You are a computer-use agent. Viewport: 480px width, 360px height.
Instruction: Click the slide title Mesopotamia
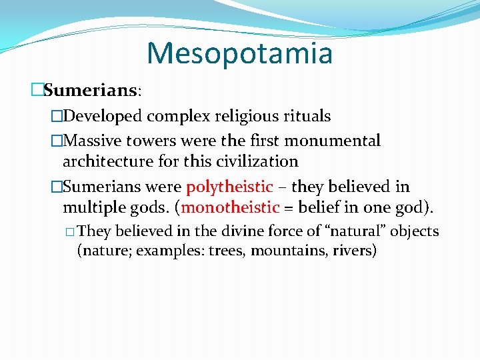pyautogui.click(x=239, y=53)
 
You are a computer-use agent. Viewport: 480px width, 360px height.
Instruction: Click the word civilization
pyautogui.click(x=257, y=161)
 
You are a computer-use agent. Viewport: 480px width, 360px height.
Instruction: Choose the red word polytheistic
pyautogui.click(x=229, y=187)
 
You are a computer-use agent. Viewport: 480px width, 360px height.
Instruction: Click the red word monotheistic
pyautogui.click(x=230, y=207)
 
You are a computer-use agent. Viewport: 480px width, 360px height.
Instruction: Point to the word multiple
pyautogui.click(x=92, y=207)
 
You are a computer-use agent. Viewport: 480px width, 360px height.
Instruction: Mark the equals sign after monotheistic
pyautogui.click(x=288, y=208)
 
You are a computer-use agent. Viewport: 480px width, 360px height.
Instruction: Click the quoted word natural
pyautogui.click(x=359, y=231)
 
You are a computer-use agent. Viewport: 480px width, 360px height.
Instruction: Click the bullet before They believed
pyautogui.click(x=70, y=232)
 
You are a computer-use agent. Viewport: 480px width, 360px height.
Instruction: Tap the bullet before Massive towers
pyautogui.click(x=56, y=141)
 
